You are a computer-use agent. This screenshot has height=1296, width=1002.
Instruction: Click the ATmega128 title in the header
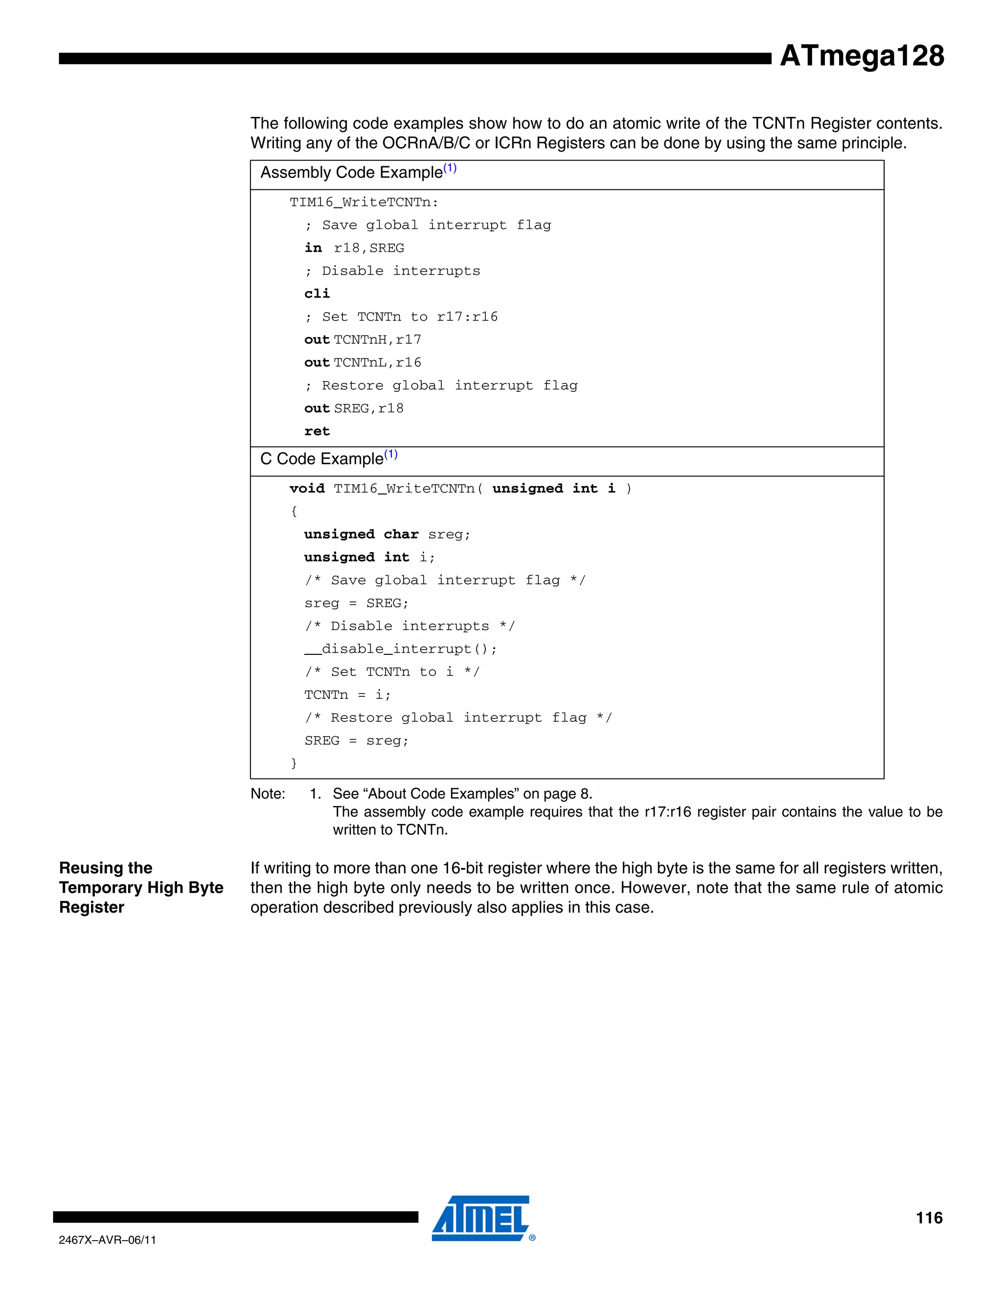(861, 56)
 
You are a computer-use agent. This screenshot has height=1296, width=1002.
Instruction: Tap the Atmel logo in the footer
(482, 1218)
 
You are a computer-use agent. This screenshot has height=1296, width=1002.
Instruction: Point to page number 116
(929, 1218)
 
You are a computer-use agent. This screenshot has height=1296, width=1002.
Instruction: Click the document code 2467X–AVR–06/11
(108, 1240)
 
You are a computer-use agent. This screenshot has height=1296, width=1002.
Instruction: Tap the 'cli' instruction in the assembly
(317, 294)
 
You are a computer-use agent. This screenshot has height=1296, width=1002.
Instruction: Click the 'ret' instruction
(317, 431)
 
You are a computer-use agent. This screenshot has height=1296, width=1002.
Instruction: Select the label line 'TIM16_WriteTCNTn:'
(364, 202)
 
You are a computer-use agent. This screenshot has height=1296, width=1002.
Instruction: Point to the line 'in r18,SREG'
(354, 248)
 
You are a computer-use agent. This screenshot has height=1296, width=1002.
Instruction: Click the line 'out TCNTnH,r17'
(362, 339)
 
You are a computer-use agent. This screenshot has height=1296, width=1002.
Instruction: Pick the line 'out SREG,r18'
(354, 408)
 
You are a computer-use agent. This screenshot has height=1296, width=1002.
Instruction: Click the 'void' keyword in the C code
(307, 489)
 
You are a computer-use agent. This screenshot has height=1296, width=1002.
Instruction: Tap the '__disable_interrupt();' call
(400, 648)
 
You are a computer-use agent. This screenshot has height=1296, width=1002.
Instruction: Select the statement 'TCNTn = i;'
(347, 694)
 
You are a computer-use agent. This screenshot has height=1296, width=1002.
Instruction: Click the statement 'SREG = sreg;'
(356, 740)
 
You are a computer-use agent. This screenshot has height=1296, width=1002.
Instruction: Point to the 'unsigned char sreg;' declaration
(387, 534)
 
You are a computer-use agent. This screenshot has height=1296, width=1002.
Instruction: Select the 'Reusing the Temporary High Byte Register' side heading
(141, 887)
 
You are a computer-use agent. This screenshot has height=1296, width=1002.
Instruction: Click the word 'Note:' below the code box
(268, 794)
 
